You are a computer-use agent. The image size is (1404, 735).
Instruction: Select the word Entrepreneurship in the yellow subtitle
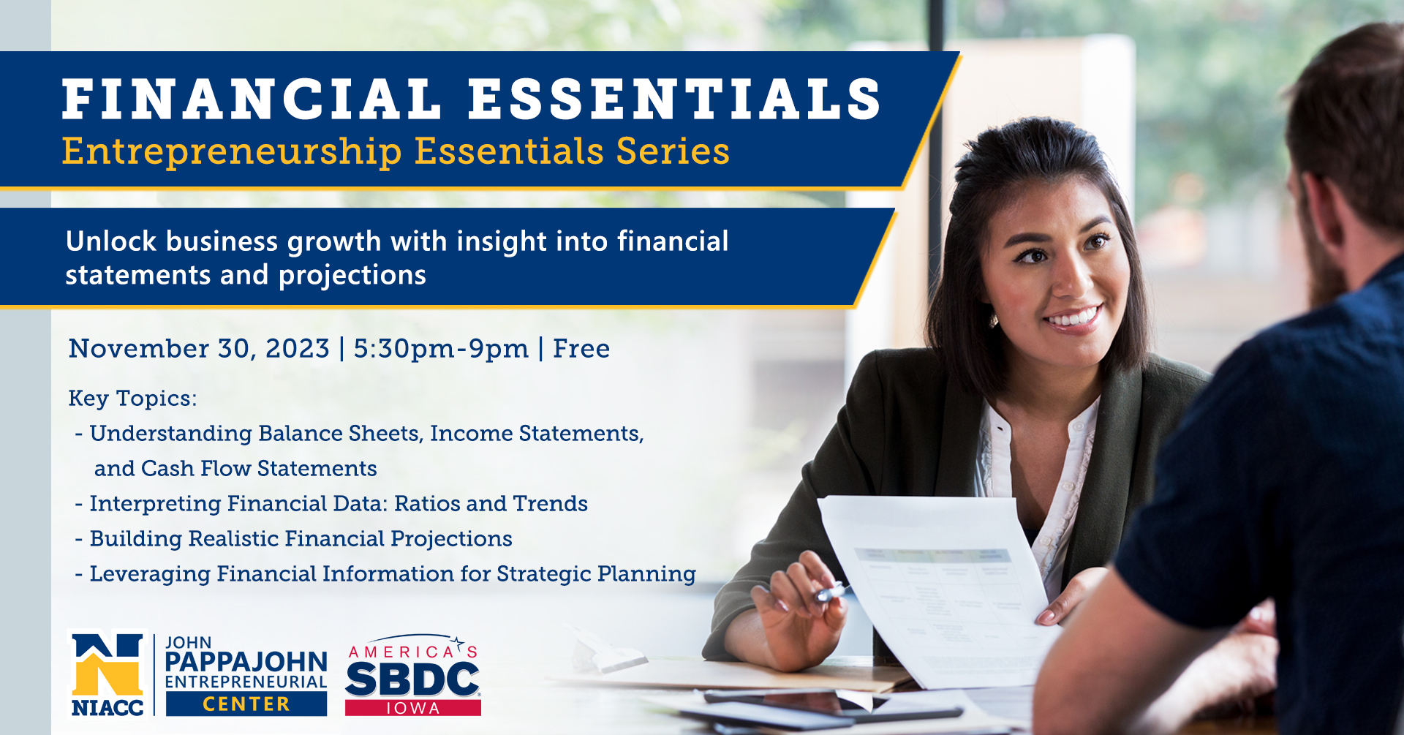click(232, 152)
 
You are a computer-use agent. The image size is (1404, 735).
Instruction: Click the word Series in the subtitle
click(673, 151)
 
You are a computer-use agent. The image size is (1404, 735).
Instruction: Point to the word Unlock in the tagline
click(110, 241)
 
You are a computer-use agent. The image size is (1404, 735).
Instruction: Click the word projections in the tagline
click(352, 276)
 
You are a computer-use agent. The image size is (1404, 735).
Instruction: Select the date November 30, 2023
click(199, 349)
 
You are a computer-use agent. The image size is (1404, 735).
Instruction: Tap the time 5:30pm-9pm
click(441, 349)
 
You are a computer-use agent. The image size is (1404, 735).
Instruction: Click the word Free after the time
click(581, 349)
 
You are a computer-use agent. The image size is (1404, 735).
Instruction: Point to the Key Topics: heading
click(132, 399)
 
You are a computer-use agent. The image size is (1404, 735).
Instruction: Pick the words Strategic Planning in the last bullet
click(596, 574)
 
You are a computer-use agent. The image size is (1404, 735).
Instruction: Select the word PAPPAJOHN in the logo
click(246, 662)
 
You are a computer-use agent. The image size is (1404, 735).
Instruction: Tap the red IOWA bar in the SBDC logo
click(413, 708)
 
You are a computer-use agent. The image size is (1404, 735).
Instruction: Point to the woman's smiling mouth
click(1073, 318)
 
